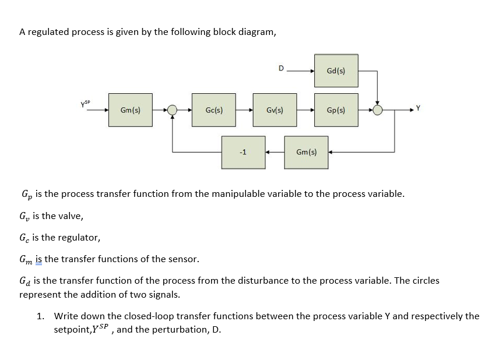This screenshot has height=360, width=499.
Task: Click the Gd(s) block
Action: click(336, 70)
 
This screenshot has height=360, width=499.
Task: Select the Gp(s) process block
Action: click(336, 110)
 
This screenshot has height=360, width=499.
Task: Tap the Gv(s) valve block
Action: click(275, 110)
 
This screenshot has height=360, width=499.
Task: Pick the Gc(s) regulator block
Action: click(213, 110)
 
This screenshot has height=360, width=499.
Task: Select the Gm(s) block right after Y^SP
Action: click(129, 110)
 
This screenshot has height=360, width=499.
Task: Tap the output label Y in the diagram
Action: click(417, 107)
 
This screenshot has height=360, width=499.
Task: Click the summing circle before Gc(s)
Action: click(172, 110)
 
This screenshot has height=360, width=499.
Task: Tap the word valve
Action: click(69, 216)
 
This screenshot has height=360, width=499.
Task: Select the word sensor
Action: click(182, 259)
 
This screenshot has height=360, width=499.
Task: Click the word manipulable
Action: click(221, 193)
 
